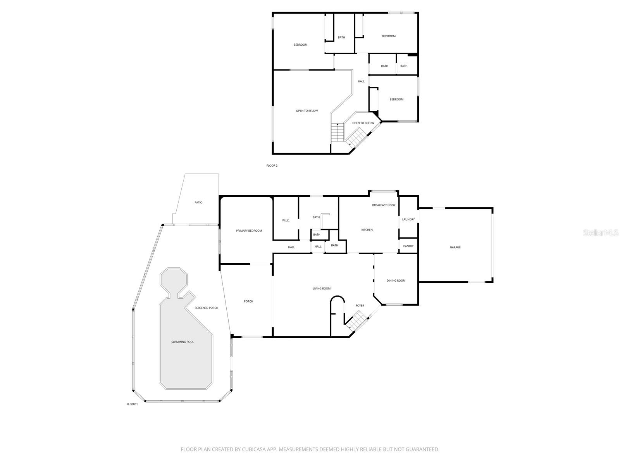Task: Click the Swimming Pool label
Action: click(183, 342)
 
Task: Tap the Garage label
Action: click(455, 247)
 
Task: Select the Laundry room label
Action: click(408, 219)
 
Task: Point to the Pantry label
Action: click(408, 246)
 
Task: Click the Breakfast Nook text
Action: click(384, 205)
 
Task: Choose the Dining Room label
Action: click(396, 281)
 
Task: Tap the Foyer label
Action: click(360, 306)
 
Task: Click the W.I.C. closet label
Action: click(286, 220)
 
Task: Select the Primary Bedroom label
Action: click(249, 231)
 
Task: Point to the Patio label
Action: click(198, 202)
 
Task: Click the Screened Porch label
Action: click(206, 308)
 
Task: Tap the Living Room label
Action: click(322, 288)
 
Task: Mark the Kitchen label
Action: click(367, 230)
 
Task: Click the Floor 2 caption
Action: click(272, 165)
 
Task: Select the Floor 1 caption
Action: click(132, 404)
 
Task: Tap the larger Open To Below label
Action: click(307, 111)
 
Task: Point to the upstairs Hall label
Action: click(361, 81)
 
